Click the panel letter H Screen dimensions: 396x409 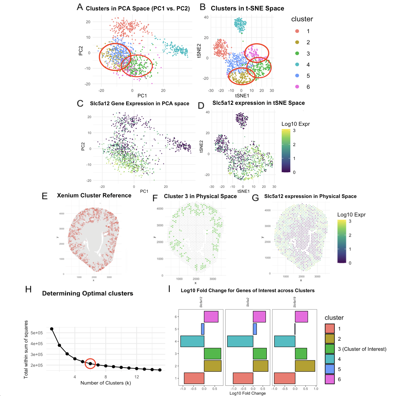[28, 289]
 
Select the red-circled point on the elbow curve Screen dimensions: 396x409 [90, 363]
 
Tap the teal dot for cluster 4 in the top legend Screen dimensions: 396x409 [297, 64]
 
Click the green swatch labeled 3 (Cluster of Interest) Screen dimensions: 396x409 [329, 349]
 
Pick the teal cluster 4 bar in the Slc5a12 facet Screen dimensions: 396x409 [192, 341]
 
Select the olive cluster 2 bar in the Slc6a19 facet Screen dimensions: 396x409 [305, 366]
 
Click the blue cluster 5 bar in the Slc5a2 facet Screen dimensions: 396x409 [255, 329]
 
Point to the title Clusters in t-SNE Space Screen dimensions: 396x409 [247, 8]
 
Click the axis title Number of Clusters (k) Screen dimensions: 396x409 [106, 383]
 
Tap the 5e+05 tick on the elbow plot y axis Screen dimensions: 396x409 [37, 333]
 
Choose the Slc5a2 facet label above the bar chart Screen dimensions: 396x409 [248, 302]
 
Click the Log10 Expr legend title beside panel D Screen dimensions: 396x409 [296, 124]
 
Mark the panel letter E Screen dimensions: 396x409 [45, 196]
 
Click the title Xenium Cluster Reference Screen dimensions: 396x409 [94, 196]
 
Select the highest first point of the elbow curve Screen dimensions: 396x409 [52, 329]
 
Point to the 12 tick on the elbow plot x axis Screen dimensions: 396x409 [137, 377]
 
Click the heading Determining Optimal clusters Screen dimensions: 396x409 [88, 293]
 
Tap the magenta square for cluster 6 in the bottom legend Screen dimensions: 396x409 [329, 379]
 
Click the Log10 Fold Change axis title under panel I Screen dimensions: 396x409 [247, 393]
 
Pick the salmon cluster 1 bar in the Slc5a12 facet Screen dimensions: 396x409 [194, 378]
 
